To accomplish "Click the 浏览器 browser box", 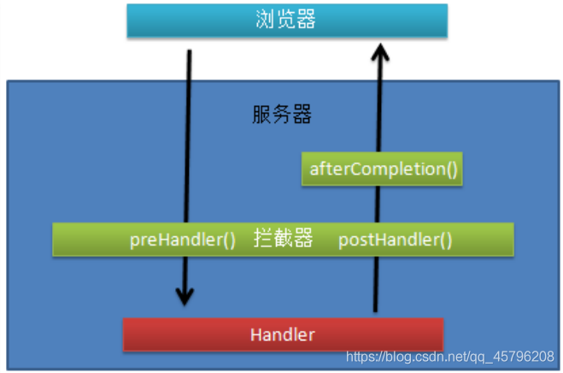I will coord(286,21).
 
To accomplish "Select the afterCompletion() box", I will coord(381,169).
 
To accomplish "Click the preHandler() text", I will coord(182,240).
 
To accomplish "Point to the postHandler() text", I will coord(395,240).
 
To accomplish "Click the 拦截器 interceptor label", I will coord(283,240).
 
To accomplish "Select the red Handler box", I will coord(283,335).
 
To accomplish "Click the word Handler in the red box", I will coord(283,335).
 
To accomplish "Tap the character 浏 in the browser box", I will coord(265,21).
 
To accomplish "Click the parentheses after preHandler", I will coord(228,240).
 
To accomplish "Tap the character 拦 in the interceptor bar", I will coord(262,240).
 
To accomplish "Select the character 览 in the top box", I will coord(286,21).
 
